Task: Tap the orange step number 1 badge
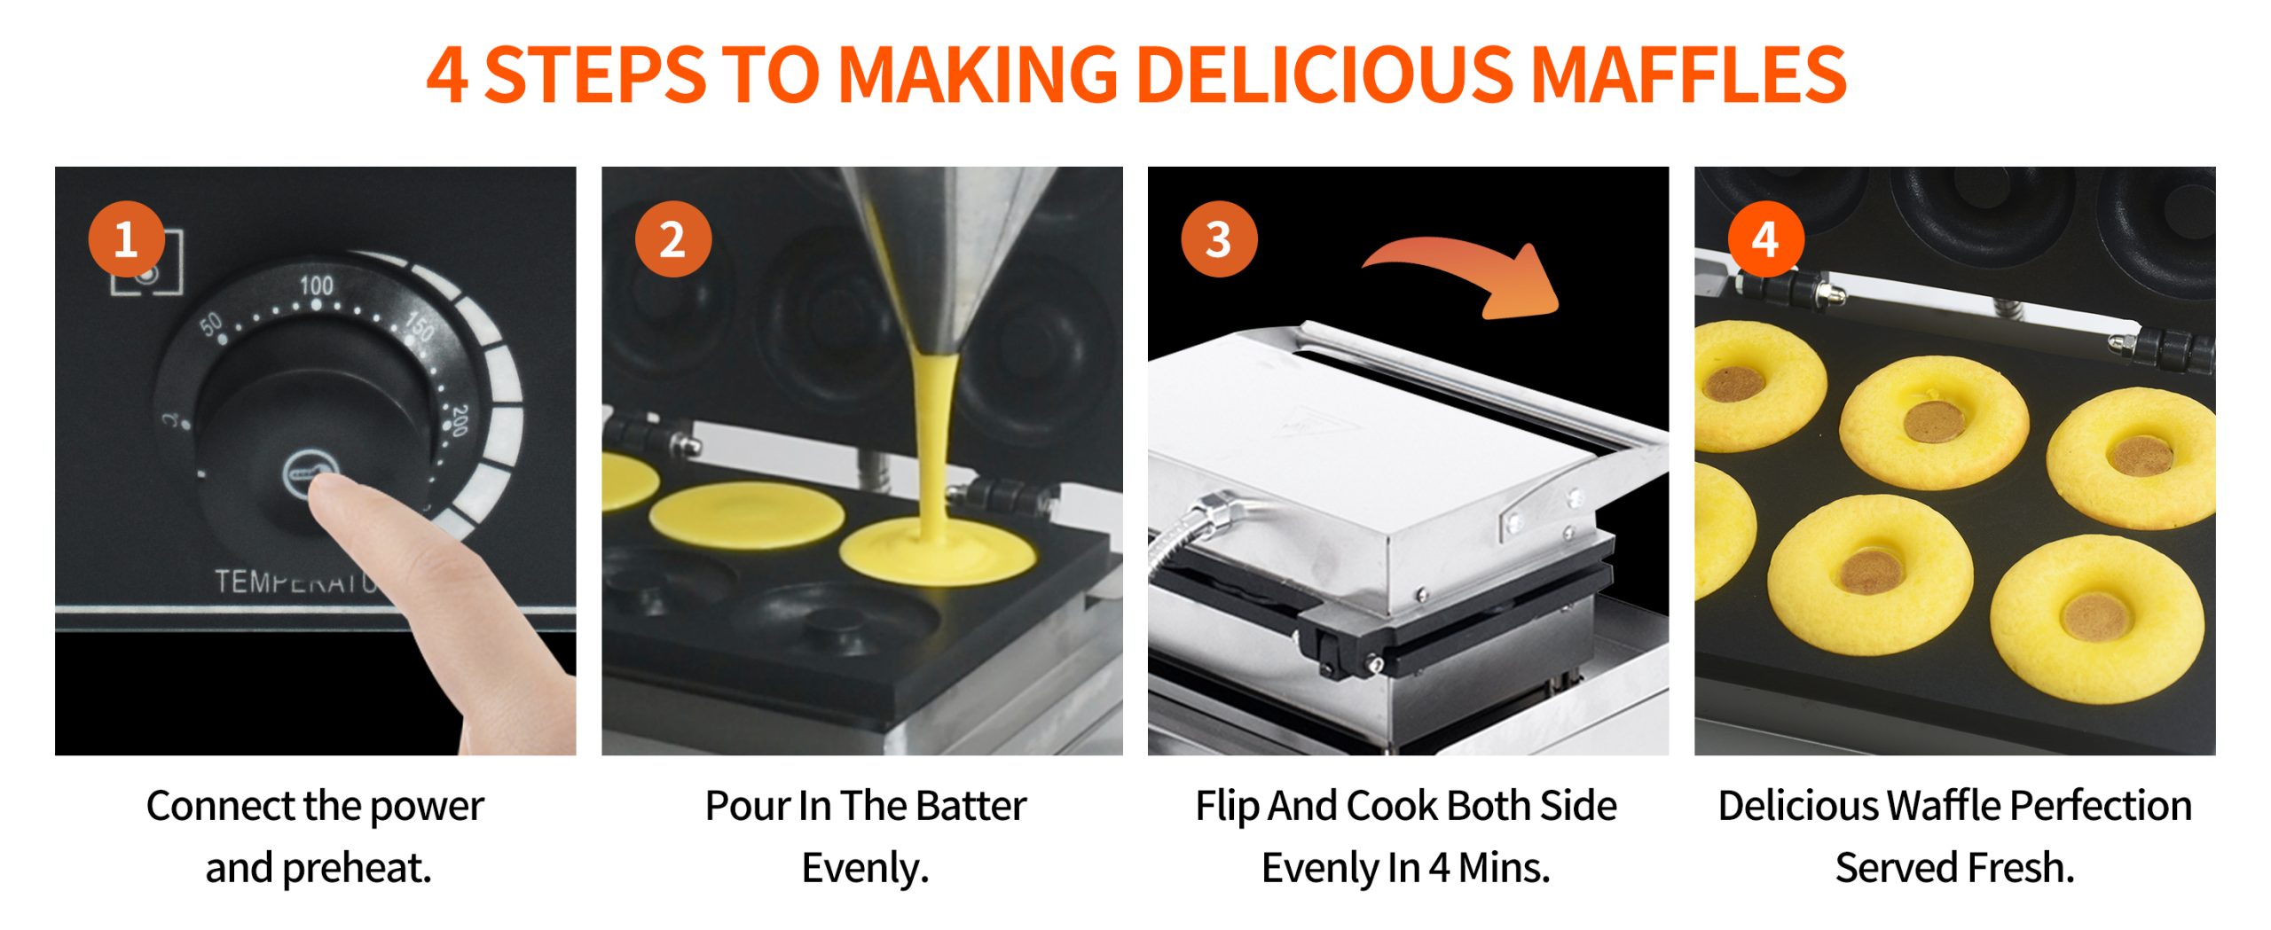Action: [x=126, y=239]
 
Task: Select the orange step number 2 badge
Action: [x=673, y=239]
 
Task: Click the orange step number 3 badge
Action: [x=1219, y=239]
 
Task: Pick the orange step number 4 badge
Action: [x=1765, y=239]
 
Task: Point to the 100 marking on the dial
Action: [x=316, y=285]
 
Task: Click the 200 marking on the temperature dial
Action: [x=458, y=420]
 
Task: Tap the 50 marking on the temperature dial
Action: [x=211, y=324]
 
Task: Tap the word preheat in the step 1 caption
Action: [x=357, y=869]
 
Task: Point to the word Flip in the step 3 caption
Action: [x=1229, y=807]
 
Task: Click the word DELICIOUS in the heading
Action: [x=1324, y=74]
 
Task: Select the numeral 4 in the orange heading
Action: [x=447, y=75]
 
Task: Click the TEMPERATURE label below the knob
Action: [x=297, y=582]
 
